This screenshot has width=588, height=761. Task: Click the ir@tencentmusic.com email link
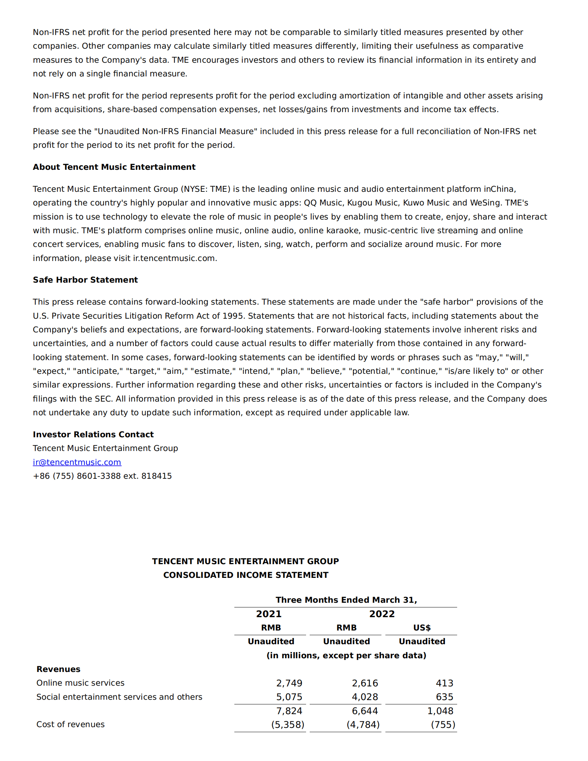tap(77, 462)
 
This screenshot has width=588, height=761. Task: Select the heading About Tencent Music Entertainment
tap(114, 167)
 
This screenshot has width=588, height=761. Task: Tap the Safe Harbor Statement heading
tap(85, 280)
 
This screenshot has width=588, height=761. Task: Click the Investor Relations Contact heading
tap(93, 434)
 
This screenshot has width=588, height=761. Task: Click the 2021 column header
tap(269, 614)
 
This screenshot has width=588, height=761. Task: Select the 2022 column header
tap(382, 614)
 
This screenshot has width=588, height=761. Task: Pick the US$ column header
tap(422, 628)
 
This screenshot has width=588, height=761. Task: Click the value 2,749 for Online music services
tap(289, 683)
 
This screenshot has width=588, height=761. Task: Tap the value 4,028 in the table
tap(365, 697)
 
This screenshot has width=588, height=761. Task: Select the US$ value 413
tap(444, 683)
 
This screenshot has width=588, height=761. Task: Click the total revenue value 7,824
tap(289, 711)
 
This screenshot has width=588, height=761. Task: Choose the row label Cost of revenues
tap(70, 724)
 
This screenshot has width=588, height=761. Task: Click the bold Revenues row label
tap(58, 669)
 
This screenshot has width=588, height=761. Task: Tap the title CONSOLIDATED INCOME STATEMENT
tap(246, 575)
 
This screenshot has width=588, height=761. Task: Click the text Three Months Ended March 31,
tap(346, 600)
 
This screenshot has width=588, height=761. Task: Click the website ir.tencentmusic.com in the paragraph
tap(174, 258)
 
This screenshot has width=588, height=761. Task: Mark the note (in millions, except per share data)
tap(346, 655)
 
